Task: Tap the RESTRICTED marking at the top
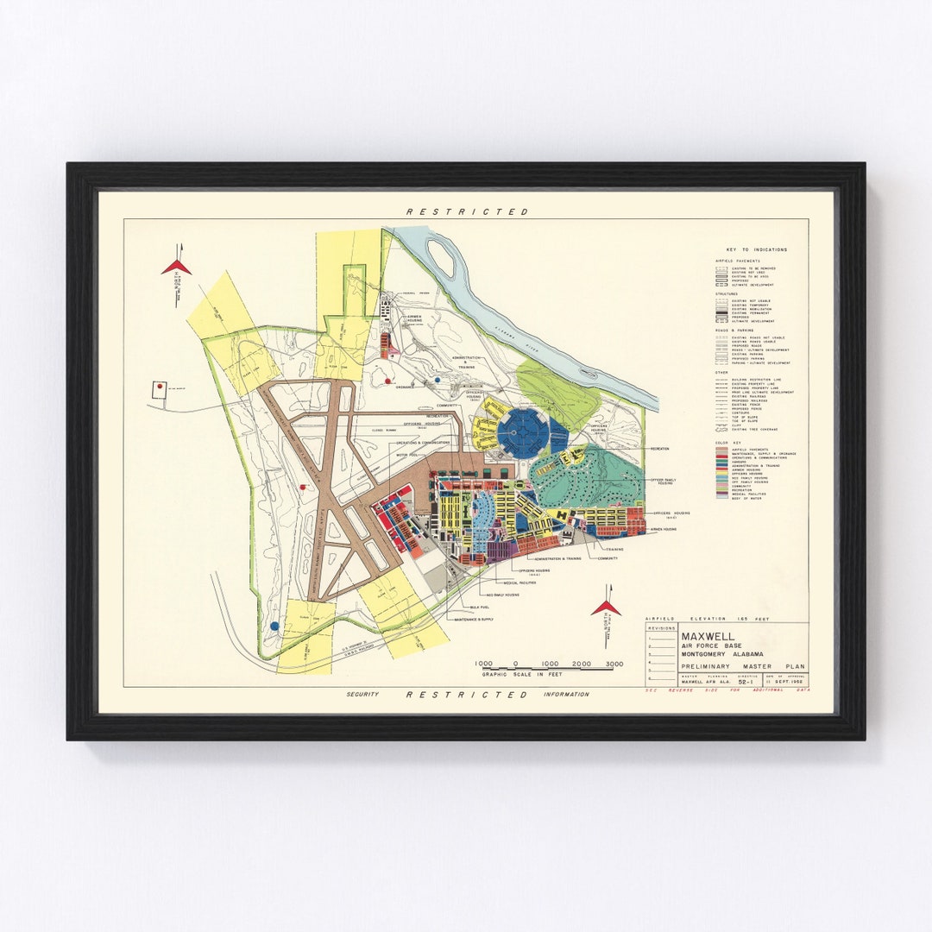467,211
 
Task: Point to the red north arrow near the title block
606,608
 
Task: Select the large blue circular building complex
523,432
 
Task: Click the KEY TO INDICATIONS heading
757,250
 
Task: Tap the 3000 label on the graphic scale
614,664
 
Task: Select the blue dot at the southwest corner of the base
274,626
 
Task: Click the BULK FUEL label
469,608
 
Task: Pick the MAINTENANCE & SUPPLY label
474,620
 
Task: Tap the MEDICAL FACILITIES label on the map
516,582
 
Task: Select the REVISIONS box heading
661,629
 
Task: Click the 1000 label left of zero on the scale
483,664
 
